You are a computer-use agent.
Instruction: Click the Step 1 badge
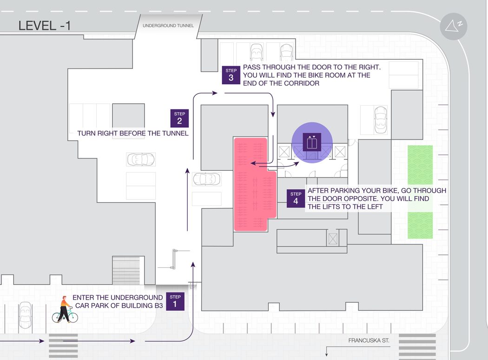[x=175, y=301]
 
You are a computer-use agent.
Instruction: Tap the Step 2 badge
[x=179, y=118]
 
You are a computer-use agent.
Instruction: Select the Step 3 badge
[x=231, y=75]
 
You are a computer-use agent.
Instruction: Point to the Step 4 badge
[x=296, y=199]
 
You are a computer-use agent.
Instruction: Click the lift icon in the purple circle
[x=312, y=142]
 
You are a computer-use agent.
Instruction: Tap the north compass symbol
[x=454, y=26]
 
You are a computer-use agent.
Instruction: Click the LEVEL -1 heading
[x=45, y=26]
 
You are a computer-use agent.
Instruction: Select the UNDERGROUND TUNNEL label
[x=168, y=26]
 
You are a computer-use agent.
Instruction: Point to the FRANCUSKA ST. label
[x=369, y=340]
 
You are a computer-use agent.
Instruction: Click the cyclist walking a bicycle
[x=65, y=310]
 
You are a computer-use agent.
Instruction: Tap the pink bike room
[x=252, y=184]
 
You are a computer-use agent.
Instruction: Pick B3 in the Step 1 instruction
[x=158, y=306]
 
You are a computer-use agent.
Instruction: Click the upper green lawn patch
[x=420, y=165]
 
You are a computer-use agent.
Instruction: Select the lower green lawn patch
[x=420, y=226]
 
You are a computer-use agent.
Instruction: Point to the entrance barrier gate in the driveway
[x=174, y=259]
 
